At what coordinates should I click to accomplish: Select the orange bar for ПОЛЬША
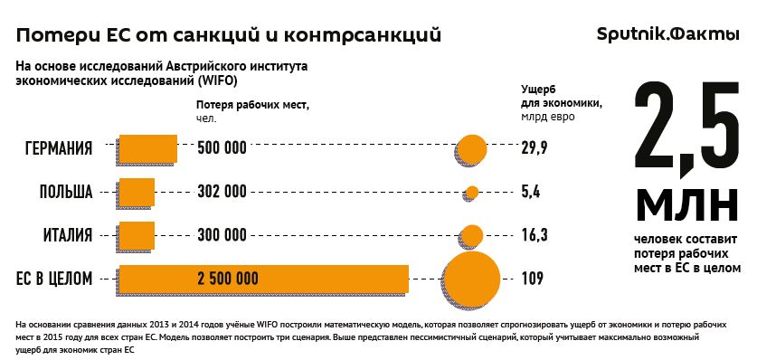click(137, 191)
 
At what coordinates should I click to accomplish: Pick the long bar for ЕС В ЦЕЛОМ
click(263, 278)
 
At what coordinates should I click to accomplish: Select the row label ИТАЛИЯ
click(68, 235)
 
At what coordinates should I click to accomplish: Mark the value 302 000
click(222, 192)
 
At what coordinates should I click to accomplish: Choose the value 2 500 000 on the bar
click(227, 279)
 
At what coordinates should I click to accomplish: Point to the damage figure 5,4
click(530, 192)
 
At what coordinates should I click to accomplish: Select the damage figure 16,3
click(534, 235)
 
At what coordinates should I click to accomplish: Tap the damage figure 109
click(532, 279)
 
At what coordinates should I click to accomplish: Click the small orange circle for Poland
click(471, 192)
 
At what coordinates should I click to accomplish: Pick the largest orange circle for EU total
click(471, 277)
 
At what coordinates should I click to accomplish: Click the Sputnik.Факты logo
click(668, 34)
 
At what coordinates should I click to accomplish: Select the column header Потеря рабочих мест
click(252, 104)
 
